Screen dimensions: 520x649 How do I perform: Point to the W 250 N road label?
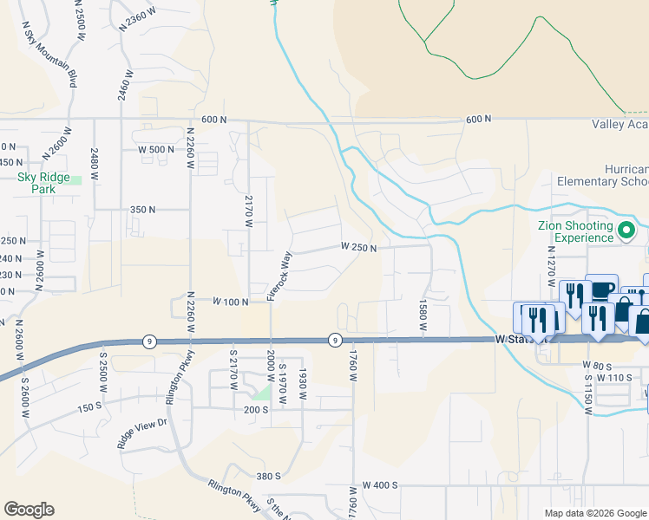click(358, 248)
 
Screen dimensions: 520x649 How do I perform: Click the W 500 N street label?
click(156, 149)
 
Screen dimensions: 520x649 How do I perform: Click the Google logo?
click(29, 510)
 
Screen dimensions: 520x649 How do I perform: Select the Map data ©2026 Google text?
click(595, 513)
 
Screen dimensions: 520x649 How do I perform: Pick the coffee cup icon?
click(601, 289)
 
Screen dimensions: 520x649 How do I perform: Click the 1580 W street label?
click(423, 315)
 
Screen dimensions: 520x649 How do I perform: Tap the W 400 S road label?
click(380, 485)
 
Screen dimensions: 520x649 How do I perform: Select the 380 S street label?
click(268, 476)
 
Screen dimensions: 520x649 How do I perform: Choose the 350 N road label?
click(142, 210)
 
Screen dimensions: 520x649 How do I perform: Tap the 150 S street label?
click(89, 407)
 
